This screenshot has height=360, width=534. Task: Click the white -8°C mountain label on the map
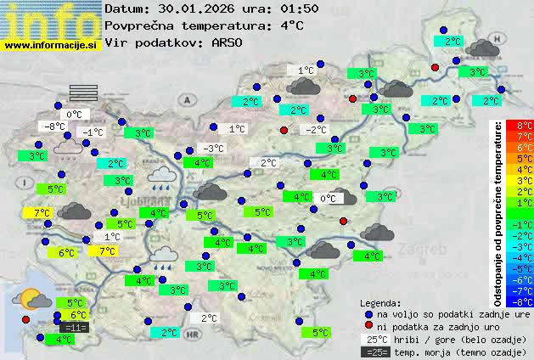[x=55, y=127]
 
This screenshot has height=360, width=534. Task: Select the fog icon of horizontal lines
[x=85, y=93]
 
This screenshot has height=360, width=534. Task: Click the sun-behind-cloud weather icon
[x=35, y=298]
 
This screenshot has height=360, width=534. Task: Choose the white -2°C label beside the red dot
[x=316, y=130]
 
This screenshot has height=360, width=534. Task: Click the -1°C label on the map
[x=92, y=132]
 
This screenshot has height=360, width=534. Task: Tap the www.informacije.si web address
[x=51, y=45]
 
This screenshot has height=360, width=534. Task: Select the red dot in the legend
[x=368, y=325]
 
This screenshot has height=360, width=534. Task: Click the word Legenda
[x=380, y=302]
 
